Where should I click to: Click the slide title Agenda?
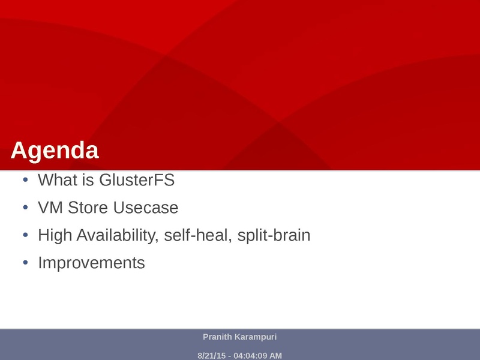[x=55, y=151]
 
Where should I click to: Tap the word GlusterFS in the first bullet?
[x=137, y=179]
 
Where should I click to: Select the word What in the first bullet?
[x=57, y=179]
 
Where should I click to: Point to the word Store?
[x=88, y=208]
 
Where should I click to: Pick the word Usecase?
[x=146, y=208]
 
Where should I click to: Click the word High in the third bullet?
[x=55, y=235]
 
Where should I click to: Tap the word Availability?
[x=118, y=235]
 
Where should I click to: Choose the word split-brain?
[x=274, y=235]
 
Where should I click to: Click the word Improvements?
[x=91, y=263]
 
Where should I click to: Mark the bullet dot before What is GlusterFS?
[x=25, y=179]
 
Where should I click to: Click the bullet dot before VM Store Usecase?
[x=25, y=208]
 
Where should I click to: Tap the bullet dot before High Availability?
[x=25, y=235]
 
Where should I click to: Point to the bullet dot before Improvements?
[x=25, y=263]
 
